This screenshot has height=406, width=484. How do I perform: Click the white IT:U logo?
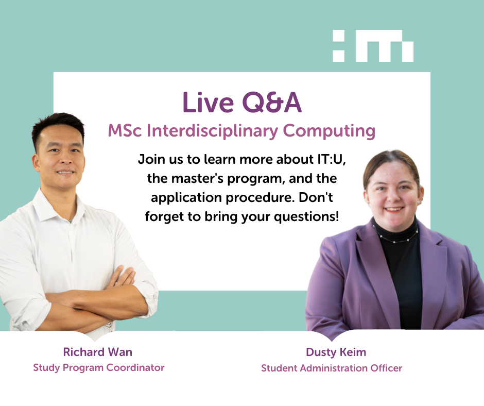pos(373,46)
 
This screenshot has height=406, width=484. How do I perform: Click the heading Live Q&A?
pos(242,102)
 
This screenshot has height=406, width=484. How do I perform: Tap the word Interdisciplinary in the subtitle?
pos(212,131)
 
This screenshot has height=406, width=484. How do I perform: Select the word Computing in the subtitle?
pos(329,131)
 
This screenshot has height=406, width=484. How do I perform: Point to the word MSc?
pos(125,131)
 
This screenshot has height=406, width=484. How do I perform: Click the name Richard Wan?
pos(97,352)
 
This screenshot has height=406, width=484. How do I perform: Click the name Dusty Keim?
pos(336,352)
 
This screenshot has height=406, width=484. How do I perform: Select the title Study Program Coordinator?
pos(99,368)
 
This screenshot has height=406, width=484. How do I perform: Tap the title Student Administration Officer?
pos(332,368)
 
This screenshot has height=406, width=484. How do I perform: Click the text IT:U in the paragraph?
pos(331,159)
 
